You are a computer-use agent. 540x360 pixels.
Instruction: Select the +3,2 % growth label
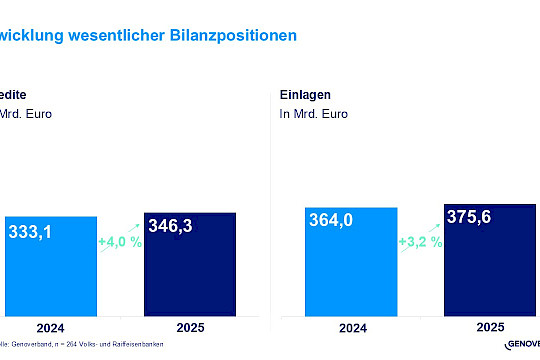(x=420, y=242)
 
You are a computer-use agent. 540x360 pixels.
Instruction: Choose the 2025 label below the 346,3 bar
(x=190, y=326)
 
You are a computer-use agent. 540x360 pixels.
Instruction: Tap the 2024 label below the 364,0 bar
(x=351, y=326)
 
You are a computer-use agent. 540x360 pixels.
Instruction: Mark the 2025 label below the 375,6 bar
(x=489, y=326)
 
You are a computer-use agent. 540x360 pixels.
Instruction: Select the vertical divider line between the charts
(x=271, y=200)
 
